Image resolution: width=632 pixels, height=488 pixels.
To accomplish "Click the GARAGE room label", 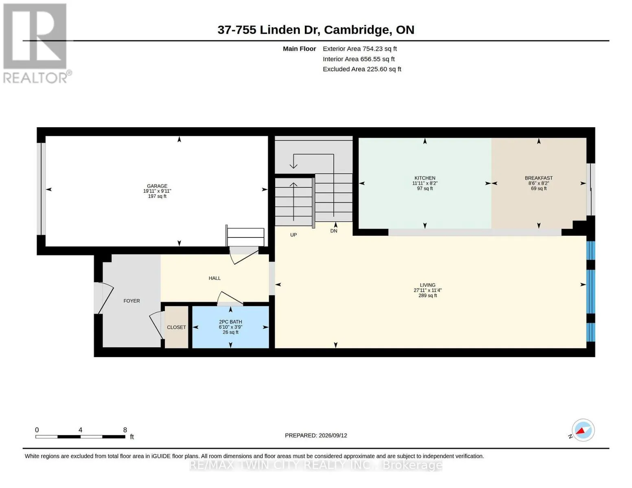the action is (x=157, y=186).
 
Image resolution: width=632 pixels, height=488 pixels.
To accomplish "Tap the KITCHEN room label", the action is (x=424, y=178).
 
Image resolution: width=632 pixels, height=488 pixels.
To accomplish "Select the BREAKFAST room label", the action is (x=539, y=178).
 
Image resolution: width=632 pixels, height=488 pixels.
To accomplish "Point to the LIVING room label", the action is (x=428, y=285).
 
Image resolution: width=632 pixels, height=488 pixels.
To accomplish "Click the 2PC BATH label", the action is (x=230, y=322).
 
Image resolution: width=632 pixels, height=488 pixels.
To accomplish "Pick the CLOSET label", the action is (x=176, y=327).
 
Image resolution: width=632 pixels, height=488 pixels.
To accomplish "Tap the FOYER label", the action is (x=131, y=301).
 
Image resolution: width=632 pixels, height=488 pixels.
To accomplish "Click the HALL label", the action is (x=214, y=278).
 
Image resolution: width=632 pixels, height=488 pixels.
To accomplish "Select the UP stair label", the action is (x=293, y=235).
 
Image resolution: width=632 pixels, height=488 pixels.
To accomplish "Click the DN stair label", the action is (x=334, y=231).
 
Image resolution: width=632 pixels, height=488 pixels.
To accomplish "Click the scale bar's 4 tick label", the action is (x=80, y=430).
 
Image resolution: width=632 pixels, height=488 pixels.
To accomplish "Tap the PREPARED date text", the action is (x=316, y=436).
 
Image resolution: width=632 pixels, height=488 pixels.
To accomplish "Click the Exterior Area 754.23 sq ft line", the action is (x=360, y=49).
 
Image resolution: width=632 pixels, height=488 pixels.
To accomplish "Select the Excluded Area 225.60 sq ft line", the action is (x=362, y=69).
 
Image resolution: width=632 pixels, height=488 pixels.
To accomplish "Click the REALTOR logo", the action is (x=36, y=44).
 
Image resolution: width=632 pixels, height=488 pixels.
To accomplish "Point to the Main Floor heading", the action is (x=299, y=49).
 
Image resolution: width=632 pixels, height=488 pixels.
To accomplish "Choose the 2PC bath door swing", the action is (x=230, y=298).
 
